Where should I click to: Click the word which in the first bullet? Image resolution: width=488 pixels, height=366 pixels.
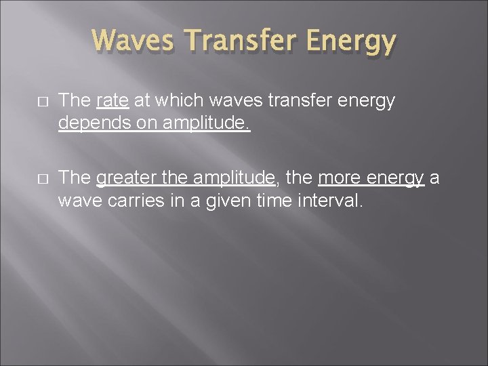(x=162, y=102)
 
